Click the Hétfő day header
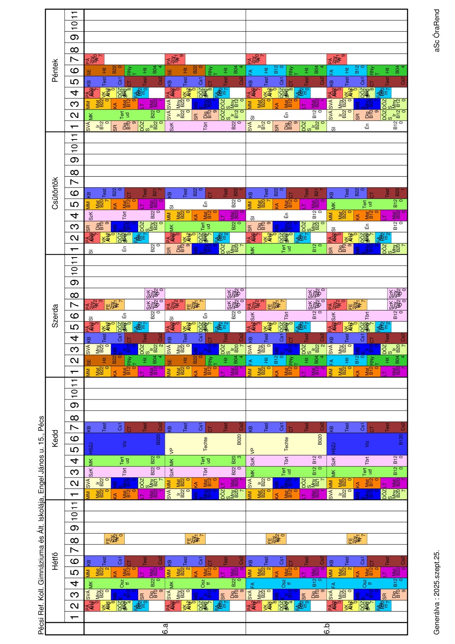pos(55,561)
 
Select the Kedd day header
pos(55,438)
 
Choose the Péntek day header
pos(55,70)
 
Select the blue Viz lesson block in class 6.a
pos(124,444)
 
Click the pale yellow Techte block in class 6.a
pos(205,444)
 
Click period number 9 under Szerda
pos(75,282)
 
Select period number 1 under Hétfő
pos(75,617)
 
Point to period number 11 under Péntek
pos(75,15)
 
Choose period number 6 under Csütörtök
pos(75,193)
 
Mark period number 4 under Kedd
pos(75,461)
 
